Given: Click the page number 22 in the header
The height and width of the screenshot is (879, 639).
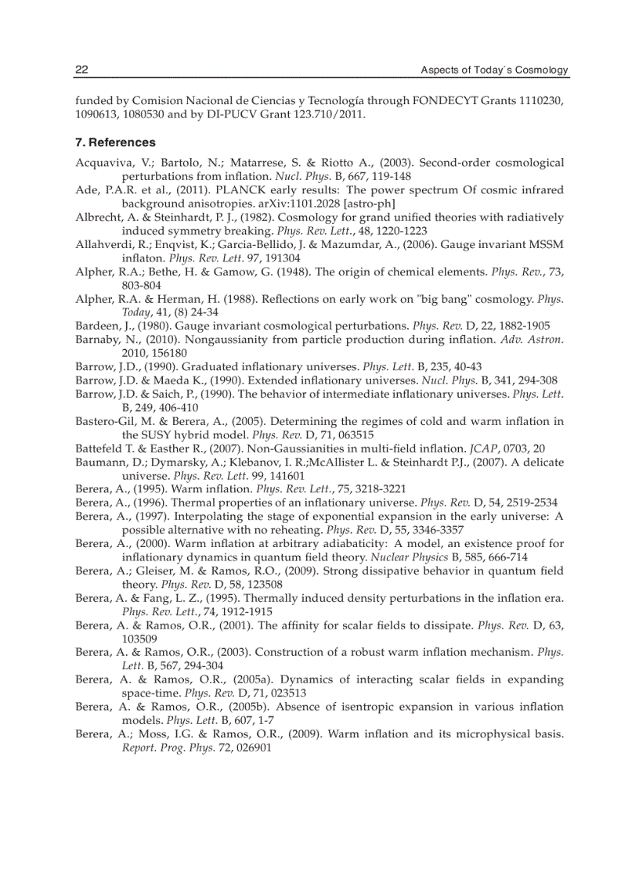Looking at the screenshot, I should (81, 70).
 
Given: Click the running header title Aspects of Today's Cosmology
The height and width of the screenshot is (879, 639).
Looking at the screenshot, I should (494, 70).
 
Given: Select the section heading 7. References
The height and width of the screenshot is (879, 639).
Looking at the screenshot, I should (115, 142).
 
